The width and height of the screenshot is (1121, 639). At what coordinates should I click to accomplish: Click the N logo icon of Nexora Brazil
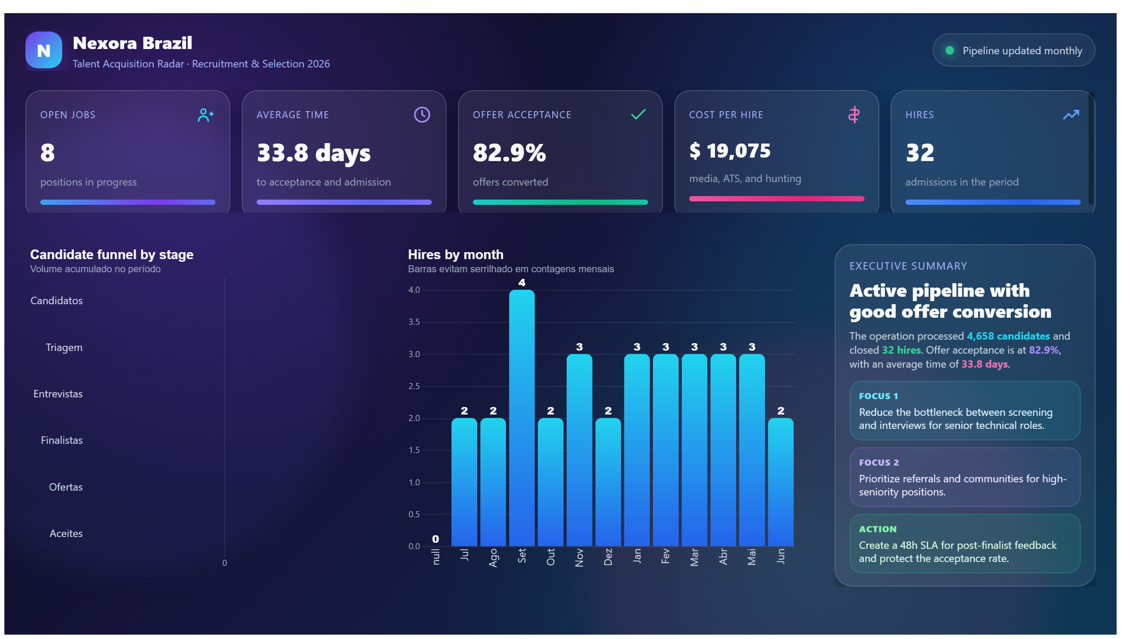pyautogui.click(x=43, y=50)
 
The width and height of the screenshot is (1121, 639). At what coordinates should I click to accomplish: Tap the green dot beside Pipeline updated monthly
pyautogui.click(x=949, y=50)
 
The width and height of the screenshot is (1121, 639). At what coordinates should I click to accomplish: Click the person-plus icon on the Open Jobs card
pyautogui.click(x=205, y=115)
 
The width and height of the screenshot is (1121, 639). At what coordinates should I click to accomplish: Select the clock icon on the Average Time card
pyautogui.click(x=422, y=115)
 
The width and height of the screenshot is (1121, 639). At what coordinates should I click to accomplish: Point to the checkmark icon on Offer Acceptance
pyautogui.click(x=638, y=114)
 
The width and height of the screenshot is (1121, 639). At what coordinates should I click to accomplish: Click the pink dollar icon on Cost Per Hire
pyautogui.click(x=853, y=115)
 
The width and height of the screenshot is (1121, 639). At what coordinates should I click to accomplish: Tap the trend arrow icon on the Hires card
pyautogui.click(x=1071, y=115)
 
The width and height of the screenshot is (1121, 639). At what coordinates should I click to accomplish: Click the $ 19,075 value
pyautogui.click(x=730, y=151)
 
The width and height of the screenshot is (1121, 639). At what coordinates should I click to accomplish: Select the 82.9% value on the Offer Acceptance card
pyautogui.click(x=509, y=152)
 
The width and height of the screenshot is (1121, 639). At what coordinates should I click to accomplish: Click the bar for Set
pyautogui.click(x=522, y=418)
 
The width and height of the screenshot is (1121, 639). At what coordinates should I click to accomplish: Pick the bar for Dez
pyautogui.click(x=608, y=482)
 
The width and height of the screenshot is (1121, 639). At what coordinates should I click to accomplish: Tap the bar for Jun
pyautogui.click(x=780, y=482)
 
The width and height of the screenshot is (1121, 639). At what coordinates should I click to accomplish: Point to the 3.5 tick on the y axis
pyautogui.click(x=414, y=322)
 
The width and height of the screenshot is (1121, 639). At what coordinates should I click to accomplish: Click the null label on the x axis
pyautogui.click(x=436, y=556)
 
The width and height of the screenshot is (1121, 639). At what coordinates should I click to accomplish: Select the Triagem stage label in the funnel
pyautogui.click(x=64, y=347)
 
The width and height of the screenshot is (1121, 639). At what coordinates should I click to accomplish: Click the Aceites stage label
pyautogui.click(x=66, y=533)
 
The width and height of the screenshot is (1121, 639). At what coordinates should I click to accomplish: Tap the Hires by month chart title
pyautogui.click(x=455, y=255)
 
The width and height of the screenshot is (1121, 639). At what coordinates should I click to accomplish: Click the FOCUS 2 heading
pyautogui.click(x=878, y=463)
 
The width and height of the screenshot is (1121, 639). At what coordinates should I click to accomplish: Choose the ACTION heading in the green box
pyautogui.click(x=877, y=529)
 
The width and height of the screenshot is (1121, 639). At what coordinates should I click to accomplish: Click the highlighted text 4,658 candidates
pyautogui.click(x=1008, y=336)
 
